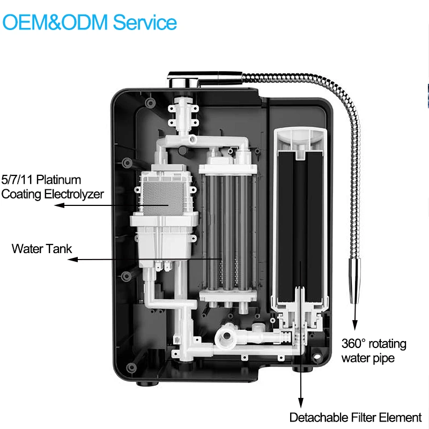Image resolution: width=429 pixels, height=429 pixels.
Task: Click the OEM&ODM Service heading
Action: coord(90,23)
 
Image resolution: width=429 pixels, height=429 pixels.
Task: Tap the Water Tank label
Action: coord(41,249)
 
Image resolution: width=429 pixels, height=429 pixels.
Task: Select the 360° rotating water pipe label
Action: coord(374,350)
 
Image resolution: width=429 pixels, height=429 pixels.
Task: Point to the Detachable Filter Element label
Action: coord(356,417)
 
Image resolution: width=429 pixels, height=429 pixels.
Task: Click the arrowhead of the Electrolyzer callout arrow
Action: coord(61,205)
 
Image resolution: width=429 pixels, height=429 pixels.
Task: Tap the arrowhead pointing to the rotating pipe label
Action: coord(354,327)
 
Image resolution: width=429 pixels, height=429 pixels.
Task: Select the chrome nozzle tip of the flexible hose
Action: coord(354,279)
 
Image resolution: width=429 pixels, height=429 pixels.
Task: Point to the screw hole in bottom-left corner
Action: coord(130,367)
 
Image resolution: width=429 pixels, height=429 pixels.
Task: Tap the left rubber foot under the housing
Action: coord(143,383)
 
